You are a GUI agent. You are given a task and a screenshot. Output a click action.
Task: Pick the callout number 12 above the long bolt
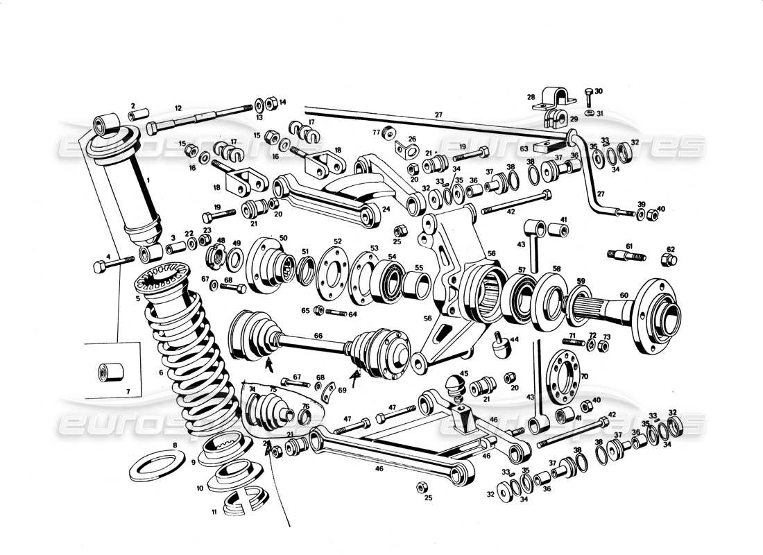click(178, 108)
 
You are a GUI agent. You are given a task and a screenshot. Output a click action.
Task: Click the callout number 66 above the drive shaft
click(318, 336)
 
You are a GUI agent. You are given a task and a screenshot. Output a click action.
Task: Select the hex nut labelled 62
click(669, 261)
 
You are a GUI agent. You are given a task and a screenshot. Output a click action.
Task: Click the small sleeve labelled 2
click(141, 114)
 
